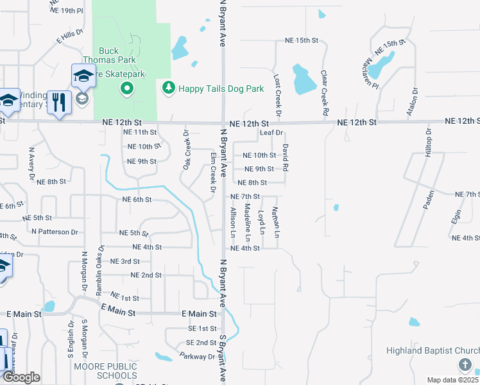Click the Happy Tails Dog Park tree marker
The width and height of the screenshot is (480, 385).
point(169,87)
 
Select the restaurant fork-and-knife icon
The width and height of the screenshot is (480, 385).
point(59,103)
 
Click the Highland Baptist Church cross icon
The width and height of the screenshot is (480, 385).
point(465,364)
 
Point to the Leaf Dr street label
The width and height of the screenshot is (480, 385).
point(272,133)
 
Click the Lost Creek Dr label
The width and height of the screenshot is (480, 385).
point(277,94)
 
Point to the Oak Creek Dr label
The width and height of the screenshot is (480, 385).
point(186,150)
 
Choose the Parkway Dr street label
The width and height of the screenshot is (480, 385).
point(197,355)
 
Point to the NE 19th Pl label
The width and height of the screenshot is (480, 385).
point(66,11)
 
